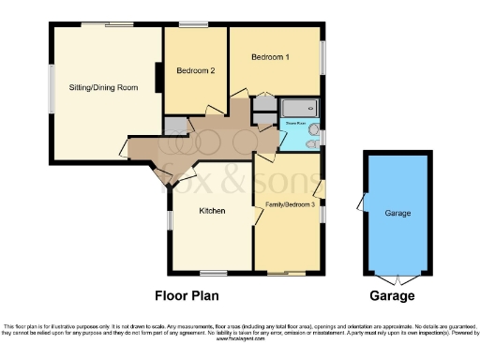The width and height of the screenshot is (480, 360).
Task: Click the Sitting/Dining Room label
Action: pyautogui.click(x=103, y=87)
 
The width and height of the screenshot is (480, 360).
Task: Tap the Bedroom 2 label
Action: pyautogui.click(x=196, y=70)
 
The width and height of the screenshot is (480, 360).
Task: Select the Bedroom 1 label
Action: pyautogui.click(x=270, y=58)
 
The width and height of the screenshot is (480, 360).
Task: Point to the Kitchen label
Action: pyautogui.click(x=212, y=211)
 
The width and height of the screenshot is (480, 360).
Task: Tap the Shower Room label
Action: pyautogui.click(x=297, y=122)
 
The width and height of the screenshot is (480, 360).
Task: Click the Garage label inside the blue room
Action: pyautogui.click(x=397, y=214)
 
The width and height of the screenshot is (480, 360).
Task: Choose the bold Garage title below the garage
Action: pyautogui.click(x=392, y=295)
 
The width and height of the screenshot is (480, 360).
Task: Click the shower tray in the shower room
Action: pyautogui.click(x=299, y=107)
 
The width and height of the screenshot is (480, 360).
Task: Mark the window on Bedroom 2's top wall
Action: pyautogui.click(x=194, y=25)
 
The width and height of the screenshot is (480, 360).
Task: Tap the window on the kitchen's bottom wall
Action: pyautogui.click(x=209, y=273)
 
